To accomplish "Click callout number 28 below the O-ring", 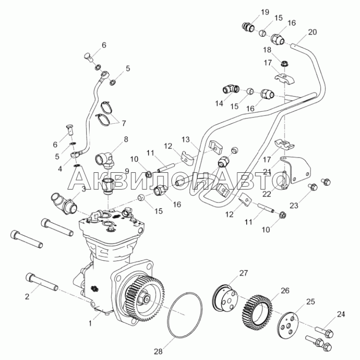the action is click(x=158, y=351).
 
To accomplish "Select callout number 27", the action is click(x=244, y=273).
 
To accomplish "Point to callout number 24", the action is click(x=341, y=314).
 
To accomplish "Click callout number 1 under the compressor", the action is click(x=90, y=323).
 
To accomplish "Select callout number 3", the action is click(x=84, y=189).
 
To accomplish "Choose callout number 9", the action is click(x=127, y=171).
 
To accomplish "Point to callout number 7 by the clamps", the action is click(x=124, y=123).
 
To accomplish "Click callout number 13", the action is click(x=186, y=139).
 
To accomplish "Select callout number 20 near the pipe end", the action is click(x=312, y=32).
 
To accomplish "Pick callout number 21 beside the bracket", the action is click(x=267, y=171).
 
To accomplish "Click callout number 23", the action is click(x=294, y=205).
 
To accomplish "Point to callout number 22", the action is click(x=267, y=194).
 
